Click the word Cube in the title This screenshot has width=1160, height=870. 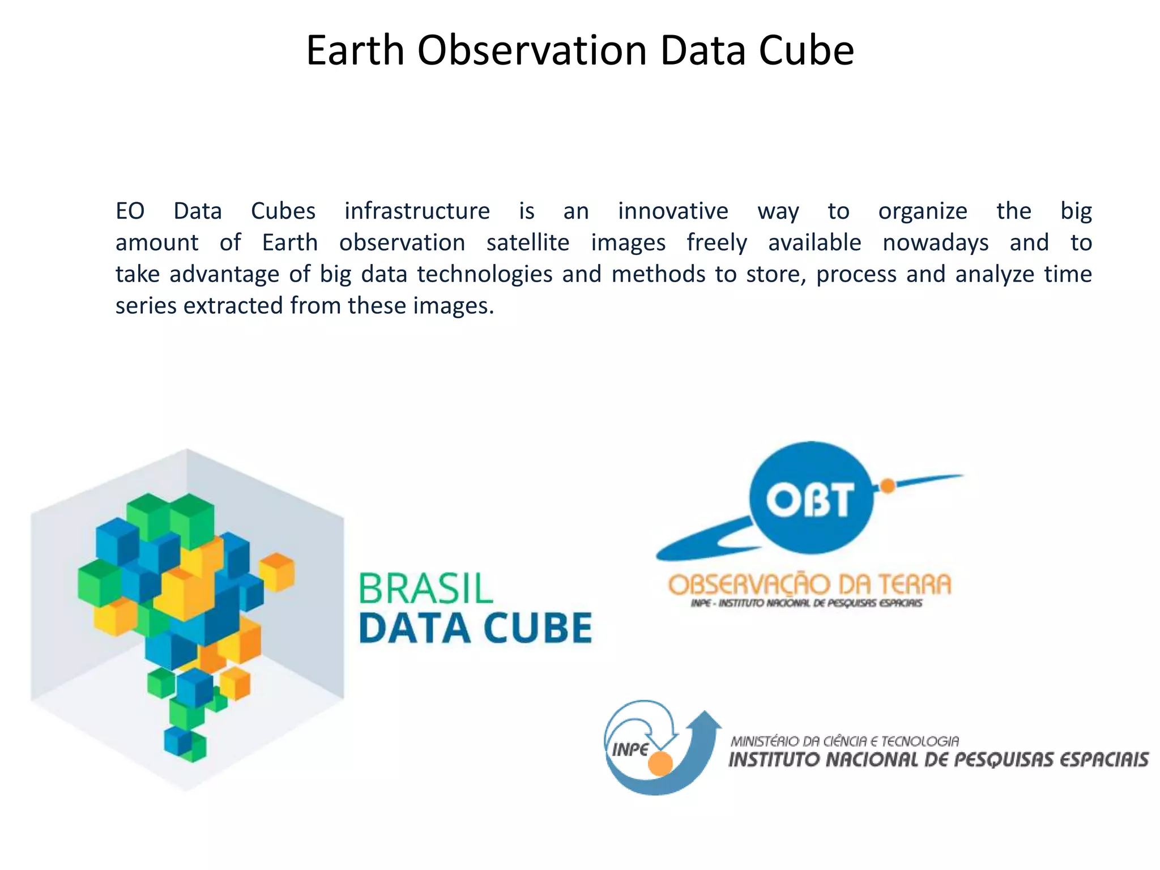(x=806, y=51)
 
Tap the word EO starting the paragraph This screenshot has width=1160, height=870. (x=130, y=211)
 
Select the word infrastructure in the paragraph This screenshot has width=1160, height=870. (x=417, y=211)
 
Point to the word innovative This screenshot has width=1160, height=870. (x=672, y=211)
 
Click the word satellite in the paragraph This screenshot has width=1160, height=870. (x=527, y=243)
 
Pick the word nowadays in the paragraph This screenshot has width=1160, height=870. (x=935, y=243)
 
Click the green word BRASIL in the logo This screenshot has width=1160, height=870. (x=425, y=588)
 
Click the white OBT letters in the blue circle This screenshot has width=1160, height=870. (x=810, y=500)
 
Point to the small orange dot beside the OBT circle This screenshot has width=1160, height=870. (x=888, y=485)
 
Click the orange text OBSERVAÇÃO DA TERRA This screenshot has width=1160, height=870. (x=809, y=585)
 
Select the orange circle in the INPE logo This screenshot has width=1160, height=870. (x=660, y=764)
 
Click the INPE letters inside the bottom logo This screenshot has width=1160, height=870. (x=629, y=750)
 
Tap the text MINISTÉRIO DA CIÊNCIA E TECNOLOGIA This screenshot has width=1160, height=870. (x=845, y=741)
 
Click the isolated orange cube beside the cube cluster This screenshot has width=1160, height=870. (x=277, y=571)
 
